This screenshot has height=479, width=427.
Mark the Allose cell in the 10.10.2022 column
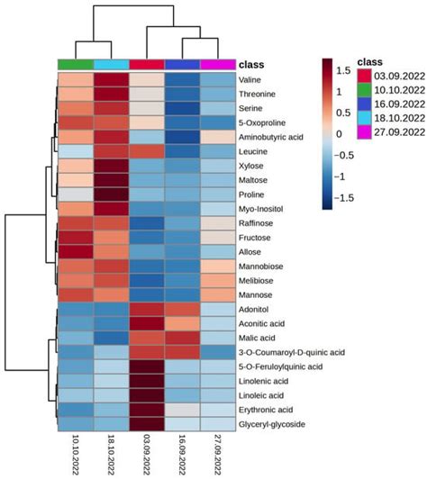pyautogui.click(x=76, y=252)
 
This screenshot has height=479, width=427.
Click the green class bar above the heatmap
pyautogui.click(x=76, y=64)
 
